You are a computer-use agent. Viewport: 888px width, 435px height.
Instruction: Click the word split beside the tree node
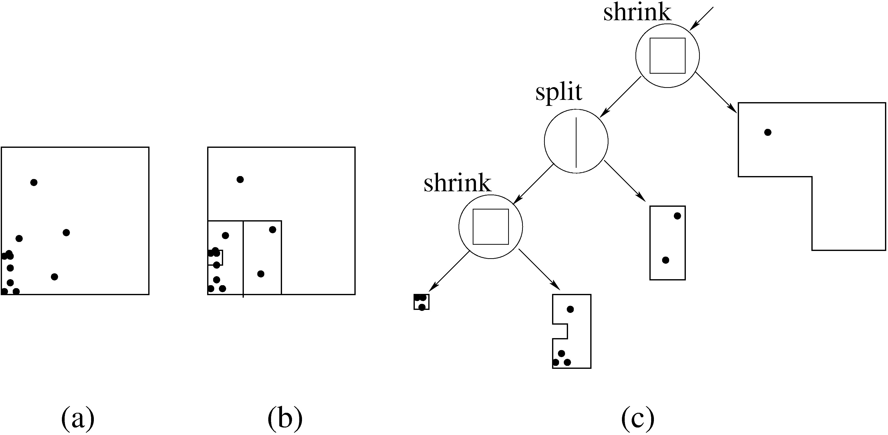[559, 92]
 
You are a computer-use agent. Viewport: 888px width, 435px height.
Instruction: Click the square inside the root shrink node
[667, 55]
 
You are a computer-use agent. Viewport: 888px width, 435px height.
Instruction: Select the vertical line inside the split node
[576, 143]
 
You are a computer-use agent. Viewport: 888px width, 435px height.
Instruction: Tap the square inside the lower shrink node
[490, 227]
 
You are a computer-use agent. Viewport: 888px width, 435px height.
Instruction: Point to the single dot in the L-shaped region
[768, 132]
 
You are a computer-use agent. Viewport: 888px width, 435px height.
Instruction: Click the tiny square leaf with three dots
[422, 302]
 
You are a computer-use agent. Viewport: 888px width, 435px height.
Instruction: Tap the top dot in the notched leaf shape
[570, 309]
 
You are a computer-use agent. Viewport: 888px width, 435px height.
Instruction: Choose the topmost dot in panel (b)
[240, 179]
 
